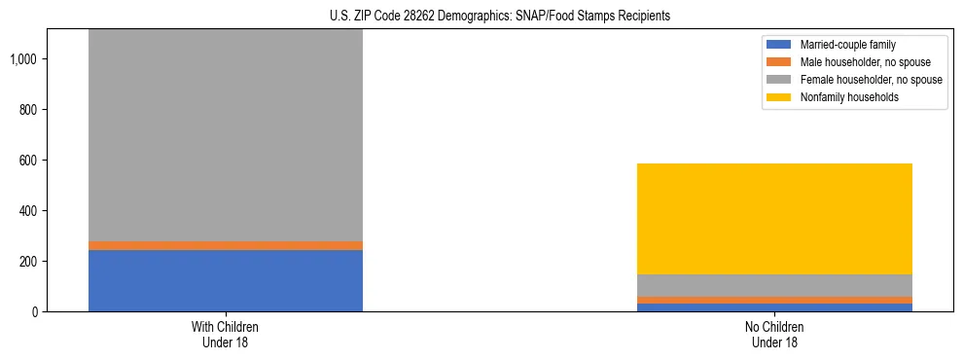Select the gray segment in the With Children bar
(226, 136)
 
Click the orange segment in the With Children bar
(226, 245)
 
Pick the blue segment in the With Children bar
(226, 280)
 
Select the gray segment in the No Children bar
(775, 285)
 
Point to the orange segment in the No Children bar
(775, 300)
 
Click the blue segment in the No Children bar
(775, 307)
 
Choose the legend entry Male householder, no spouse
(851, 62)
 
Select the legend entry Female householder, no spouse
(856, 80)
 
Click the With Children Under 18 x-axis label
(226, 335)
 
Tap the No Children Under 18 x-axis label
(775, 335)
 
